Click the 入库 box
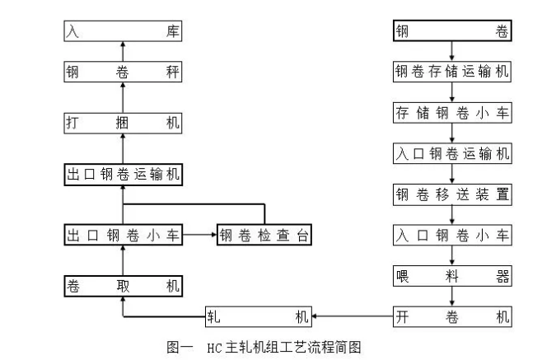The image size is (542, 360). [x=123, y=31]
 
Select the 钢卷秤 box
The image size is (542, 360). [x=123, y=72]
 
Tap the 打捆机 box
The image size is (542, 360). [x=123, y=123]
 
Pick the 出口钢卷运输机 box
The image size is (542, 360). [x=123, y=175]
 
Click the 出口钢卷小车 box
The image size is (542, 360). [x=123, y=235]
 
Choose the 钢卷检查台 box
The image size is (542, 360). [x=264, y=235]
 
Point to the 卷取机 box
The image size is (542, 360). [x=123, y=286]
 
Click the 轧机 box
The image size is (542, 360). [x=258, y=316]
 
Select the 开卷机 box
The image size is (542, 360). [x=451, y=316]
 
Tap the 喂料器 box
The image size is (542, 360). [x=451, y=276]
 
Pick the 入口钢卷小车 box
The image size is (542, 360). [x=451, y=235]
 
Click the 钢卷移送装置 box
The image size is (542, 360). [x=451, y=194]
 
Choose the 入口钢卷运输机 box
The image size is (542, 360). [x=451, y=153]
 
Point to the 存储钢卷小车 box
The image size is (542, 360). [x=451, y=113]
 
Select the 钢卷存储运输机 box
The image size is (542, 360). [x=451, y=72]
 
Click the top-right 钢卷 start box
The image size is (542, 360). [x=451, y=31]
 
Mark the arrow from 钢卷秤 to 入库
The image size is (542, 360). [x=123, y=51]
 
